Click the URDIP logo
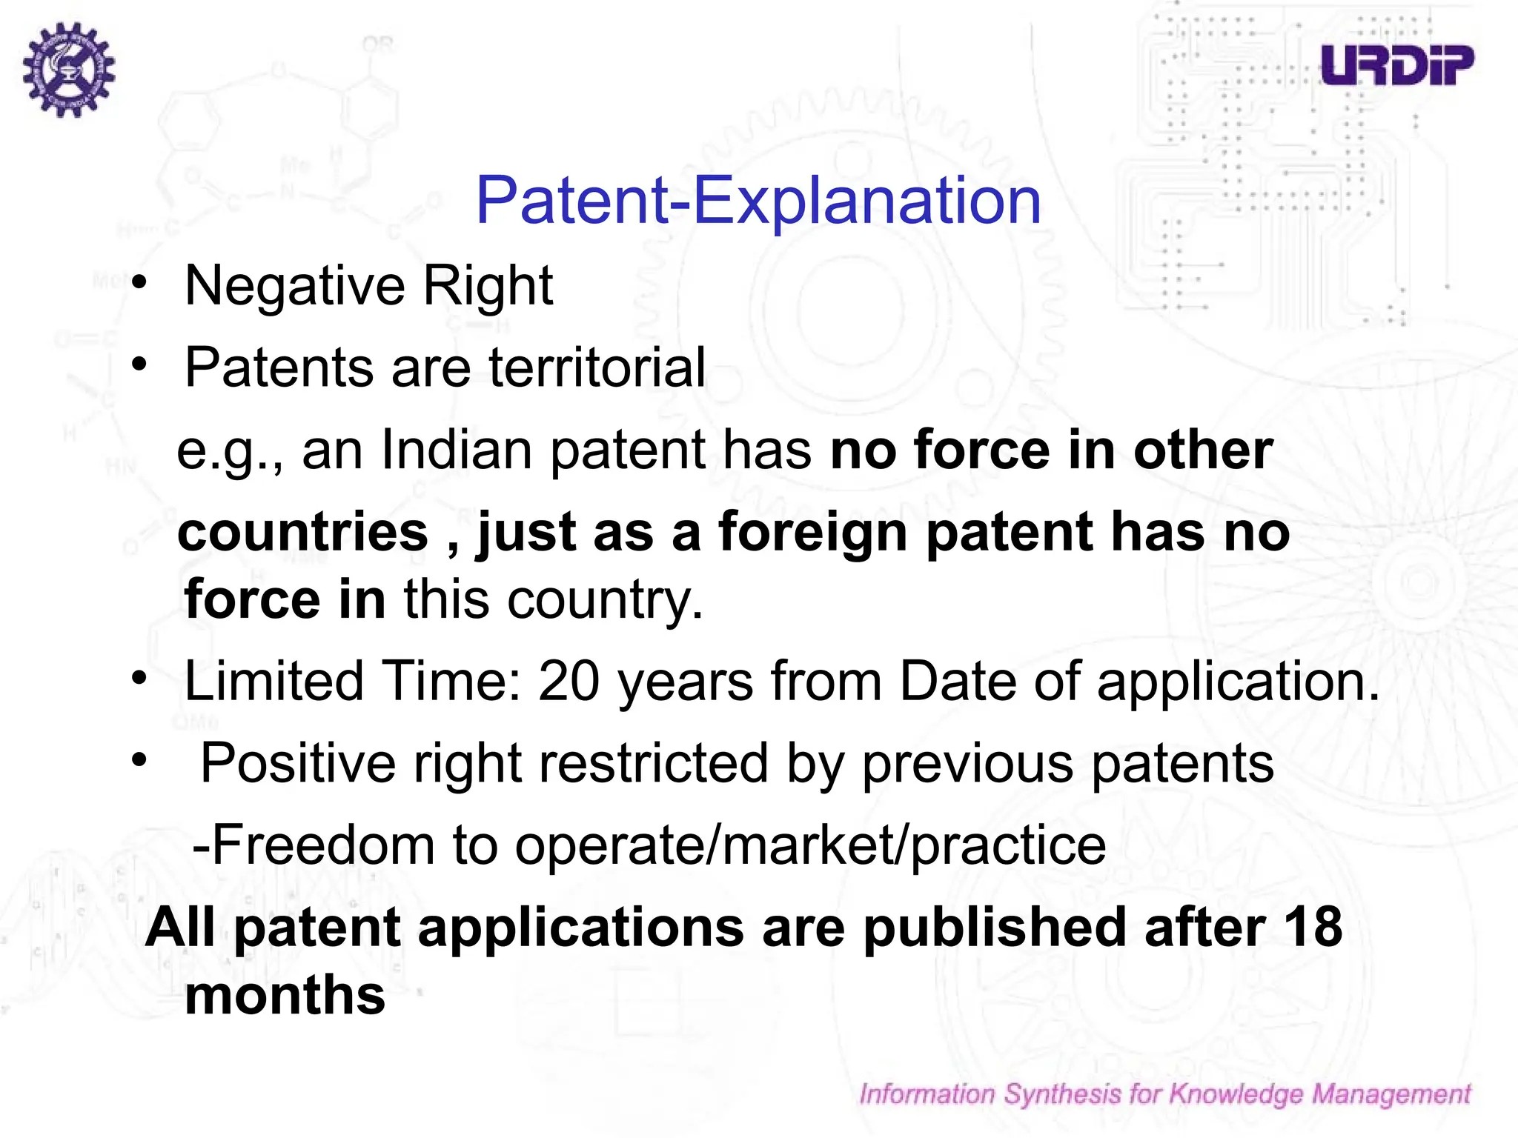pyautogui.click(x=1397, y=65)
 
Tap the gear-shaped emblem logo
pyautogui.click(x=69, y=70)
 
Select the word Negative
pyautogui.click(x=294, y=286)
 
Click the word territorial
pyautogui.click(x=597, y=367)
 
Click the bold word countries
pyautogui.click(x=303, y=532)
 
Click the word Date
pyautogui.click(x=957, y=681)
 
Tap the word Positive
pyautogui.click(x=298, y=764)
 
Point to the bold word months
pyautogui.click(x=285, y=995)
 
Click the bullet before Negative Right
pyautogui.click(x=139, y=284)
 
